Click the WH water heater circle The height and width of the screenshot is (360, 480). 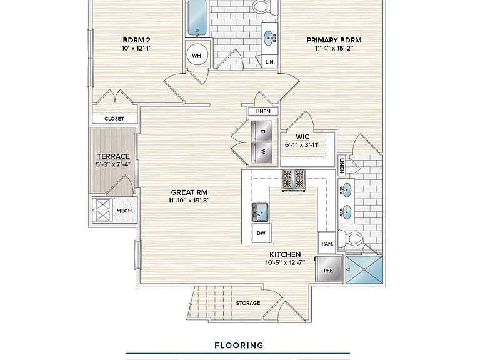pyautogui.click(x=196, y=55)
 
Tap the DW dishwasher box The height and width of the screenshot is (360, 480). pyautogui.click(x=261, y=233)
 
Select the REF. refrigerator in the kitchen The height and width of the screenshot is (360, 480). pyautogui.click(x=329, y=269)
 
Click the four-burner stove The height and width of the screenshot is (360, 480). pyautogui.click(x=293, y=179)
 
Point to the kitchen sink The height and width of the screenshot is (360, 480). pyautogui.click(x=261, y=211)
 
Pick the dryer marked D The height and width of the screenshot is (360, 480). pyautogui.click(x=262, y=131)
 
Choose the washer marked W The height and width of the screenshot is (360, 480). pyautogui.click(x=262, y=152)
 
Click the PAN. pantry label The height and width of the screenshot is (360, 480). pyautogui.click(x=327, y=244)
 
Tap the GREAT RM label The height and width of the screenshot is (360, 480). pyautogui.click(x=189, y=192)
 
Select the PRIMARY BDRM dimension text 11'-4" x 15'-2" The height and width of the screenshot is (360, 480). pyautogui.click(x=334, y=48)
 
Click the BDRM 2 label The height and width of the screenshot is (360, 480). pyautogui.click(x=136, y=40)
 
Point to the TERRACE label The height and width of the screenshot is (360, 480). pyautogui.click(x=114, y=156)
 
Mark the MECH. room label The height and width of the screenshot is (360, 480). pyautogui.click(x=124, y=211)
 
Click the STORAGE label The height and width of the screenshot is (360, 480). pyautogui.click(x=248, y=303)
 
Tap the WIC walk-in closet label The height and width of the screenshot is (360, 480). pyautogui.click(x=302, y=136)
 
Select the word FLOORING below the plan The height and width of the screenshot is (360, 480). pyautogui.click(x=239, y=346)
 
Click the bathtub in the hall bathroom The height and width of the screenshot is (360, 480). pyautogui.click(x=197, y=17)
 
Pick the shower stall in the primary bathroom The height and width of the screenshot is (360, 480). pyautogui.click(x=364, y=270)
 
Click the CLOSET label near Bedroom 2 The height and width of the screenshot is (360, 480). pyautogui.click(x=114, y=119)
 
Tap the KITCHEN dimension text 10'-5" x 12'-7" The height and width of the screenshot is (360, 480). pyautogui.click(x=285, y=262)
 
